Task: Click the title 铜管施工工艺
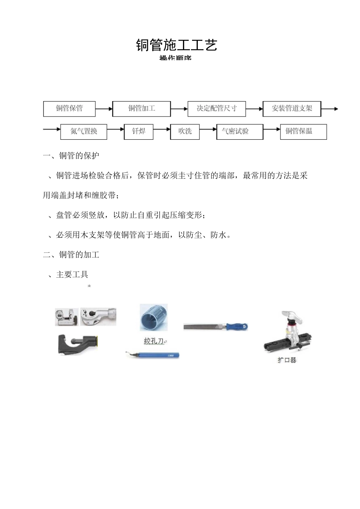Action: [x=176, y=45]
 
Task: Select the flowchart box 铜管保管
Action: [x=69, y=108]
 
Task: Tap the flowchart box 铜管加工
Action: [x=141, y=108]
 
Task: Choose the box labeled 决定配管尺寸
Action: [x=216, y=108]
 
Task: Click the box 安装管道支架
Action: [x=292, y=108]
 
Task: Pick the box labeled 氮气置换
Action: [x=84, y=131]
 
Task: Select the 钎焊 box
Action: [x=139, y=131]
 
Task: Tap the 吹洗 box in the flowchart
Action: [x=185, y=131]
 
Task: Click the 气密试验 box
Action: [x=235, y=131]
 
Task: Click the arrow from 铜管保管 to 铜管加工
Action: [x=104, y=109]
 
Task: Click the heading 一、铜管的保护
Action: [x=71, y=156]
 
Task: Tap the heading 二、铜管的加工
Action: [x=71, y=255]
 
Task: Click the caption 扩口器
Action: [x=286, y=360]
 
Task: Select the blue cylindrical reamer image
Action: [x=153, y=317]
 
